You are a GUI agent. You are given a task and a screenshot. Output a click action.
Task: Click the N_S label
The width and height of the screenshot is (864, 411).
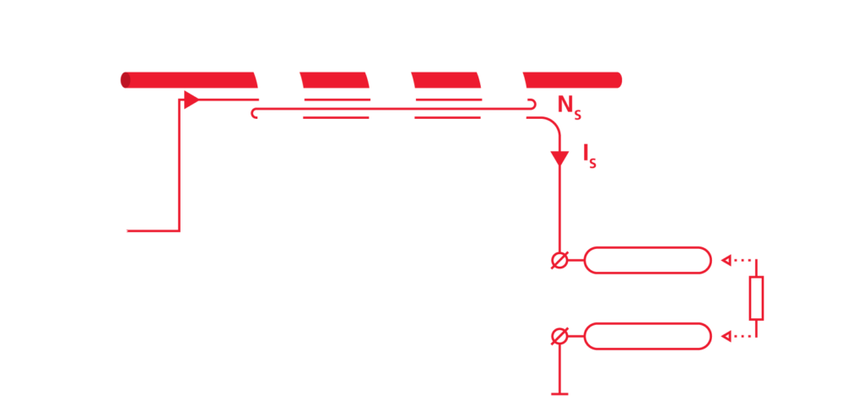pos(570,106)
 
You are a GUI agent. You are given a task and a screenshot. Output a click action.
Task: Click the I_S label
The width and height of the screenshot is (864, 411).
pos(590,157)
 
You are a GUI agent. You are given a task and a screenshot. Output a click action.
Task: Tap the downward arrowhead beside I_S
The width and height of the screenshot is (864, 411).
pos(560,158)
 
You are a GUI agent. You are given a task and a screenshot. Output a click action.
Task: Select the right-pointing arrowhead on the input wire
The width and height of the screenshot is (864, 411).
pos(192,100)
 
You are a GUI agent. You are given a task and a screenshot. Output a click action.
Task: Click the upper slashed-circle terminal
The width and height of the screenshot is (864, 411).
pos(560,260)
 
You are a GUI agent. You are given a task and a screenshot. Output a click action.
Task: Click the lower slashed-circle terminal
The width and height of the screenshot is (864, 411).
pos(560,336)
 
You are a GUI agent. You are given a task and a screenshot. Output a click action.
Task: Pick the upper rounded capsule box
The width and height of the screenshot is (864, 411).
pos(647,247)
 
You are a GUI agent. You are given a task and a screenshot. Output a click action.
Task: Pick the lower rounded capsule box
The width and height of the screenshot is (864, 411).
pos(647,323)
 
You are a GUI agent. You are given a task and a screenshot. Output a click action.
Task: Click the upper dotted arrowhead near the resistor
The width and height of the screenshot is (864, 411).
pos(726,260)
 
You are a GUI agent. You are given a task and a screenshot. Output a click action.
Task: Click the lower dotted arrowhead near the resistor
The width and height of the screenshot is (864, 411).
pos(726,336)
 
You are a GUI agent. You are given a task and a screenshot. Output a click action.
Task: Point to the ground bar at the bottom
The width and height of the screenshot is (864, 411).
pos(560,394)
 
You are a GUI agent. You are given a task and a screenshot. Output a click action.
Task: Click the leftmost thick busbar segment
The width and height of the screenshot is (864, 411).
pos(189,80)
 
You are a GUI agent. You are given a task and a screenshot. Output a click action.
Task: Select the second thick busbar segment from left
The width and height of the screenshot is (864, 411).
pos(334,80)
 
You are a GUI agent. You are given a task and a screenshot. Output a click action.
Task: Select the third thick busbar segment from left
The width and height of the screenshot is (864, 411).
pos(446,80)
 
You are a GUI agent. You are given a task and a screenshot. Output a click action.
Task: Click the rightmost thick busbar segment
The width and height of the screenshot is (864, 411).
pos(573,80)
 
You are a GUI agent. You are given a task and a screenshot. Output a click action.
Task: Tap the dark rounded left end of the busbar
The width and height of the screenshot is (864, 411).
pos(125,80)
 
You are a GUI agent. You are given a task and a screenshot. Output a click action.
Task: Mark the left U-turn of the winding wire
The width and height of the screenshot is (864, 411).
pos(252,113)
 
